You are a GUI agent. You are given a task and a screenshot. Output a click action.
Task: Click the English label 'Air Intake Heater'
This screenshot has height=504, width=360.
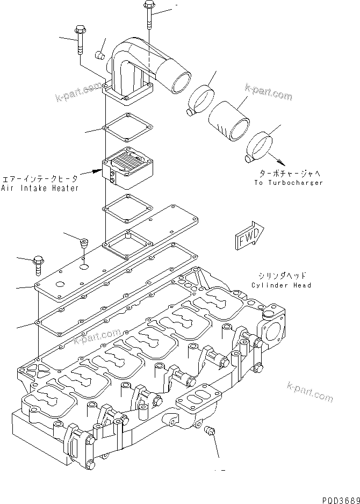click(40, 188)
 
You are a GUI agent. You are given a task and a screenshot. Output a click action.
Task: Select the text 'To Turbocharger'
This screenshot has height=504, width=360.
click(289, 183)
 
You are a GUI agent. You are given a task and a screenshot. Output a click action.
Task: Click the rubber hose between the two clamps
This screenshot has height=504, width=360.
click(228, 122)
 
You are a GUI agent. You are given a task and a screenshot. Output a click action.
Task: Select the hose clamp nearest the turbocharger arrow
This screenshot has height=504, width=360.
click(260, 146)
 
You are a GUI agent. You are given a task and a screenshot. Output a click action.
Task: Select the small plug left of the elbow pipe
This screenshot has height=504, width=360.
click(99, 54)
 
